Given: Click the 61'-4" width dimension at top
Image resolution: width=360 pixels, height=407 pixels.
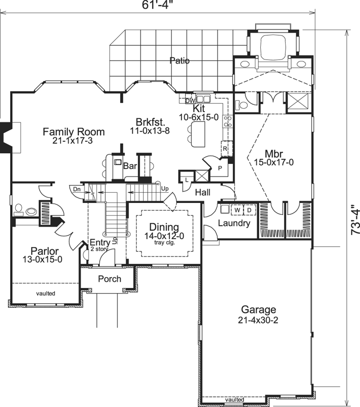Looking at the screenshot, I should pos(157,6).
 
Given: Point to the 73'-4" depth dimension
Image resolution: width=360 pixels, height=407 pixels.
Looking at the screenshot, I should pos(354,222).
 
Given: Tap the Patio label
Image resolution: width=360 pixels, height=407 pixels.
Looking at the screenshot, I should pos(179,61).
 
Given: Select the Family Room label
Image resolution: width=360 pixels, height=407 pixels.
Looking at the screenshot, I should pos(74,132).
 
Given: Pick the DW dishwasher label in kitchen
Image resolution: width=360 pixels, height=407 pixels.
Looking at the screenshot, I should pos(189,100).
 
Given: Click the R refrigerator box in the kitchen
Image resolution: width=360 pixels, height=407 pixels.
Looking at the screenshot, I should pos(224,148).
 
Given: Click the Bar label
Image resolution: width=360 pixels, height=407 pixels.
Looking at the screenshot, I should pos(130,166).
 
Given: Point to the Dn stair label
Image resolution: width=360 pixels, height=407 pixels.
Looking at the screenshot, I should pos(76,189).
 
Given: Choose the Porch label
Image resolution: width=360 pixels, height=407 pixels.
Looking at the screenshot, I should pos(109,279).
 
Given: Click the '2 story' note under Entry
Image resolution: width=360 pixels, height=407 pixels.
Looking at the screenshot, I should pos(99,249).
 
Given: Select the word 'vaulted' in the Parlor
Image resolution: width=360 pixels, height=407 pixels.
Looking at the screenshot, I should pos(45,293).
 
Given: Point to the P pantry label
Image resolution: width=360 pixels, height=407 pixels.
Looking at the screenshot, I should pos(220,166).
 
